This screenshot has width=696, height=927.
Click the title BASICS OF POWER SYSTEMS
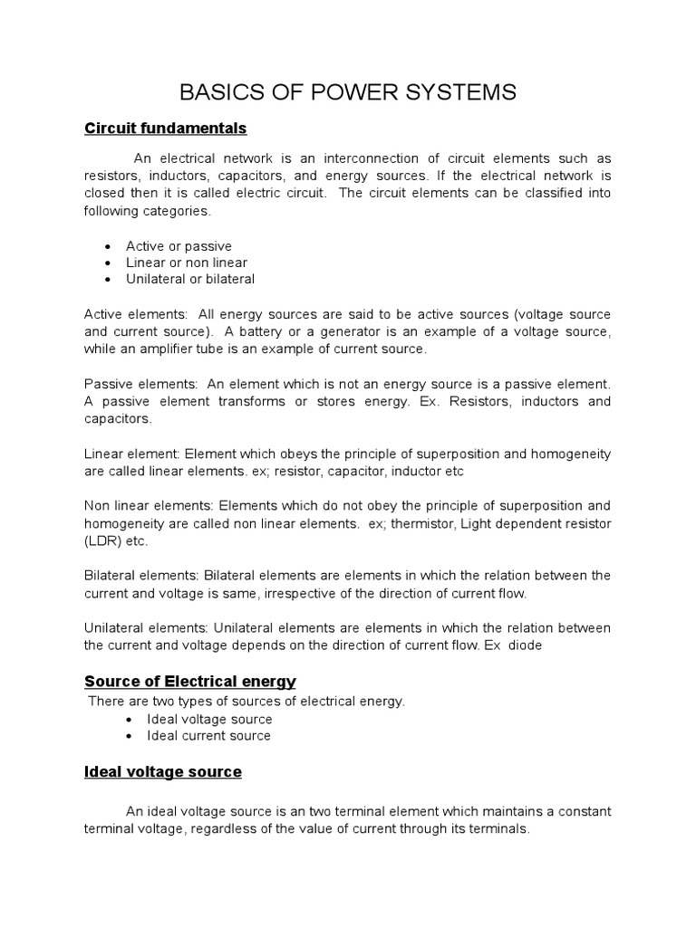coord(348,92)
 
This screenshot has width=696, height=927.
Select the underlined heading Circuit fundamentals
coord(165,128)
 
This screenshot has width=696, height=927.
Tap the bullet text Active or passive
coord(179,246)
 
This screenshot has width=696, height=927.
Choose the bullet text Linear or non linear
coord(186,263)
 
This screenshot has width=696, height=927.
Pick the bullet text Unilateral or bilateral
coord(190,279)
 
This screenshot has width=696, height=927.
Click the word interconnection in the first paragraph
coord(350,158)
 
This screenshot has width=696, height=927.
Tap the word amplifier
coord(168,349)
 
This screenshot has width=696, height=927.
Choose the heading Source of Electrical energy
coord(190,681)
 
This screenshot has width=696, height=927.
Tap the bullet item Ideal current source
coord(208,736)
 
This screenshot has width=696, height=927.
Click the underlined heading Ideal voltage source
coord(162,772)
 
